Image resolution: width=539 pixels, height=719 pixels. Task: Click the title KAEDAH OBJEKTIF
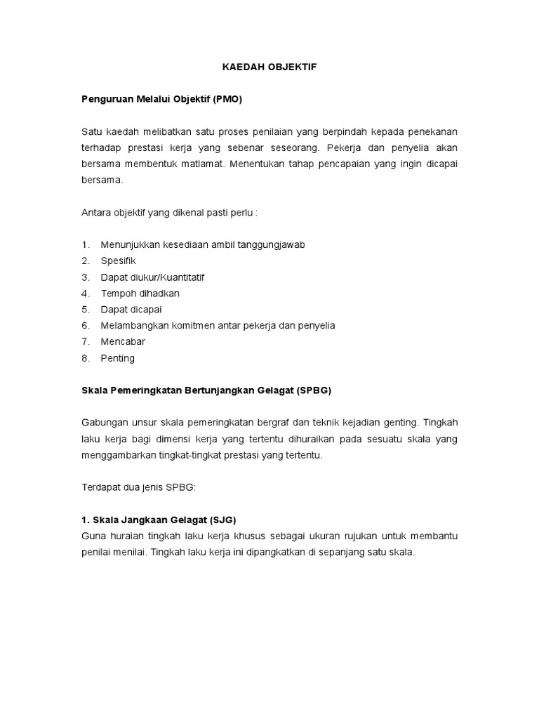click(269, 67)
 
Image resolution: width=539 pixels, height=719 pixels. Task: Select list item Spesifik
click(118, 260)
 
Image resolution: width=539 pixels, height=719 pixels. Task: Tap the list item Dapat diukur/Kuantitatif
click(152, 277)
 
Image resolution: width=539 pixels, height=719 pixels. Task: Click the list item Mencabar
click(123, 341)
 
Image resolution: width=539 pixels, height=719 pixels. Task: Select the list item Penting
click(117, 358)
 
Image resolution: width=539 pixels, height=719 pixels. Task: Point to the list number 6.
click(86, 325)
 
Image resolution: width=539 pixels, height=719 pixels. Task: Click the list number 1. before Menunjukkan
click(86, 244)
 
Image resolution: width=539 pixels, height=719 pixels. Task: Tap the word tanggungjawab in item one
click(271, 244)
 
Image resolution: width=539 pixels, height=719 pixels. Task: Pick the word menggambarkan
click(121, 455)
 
